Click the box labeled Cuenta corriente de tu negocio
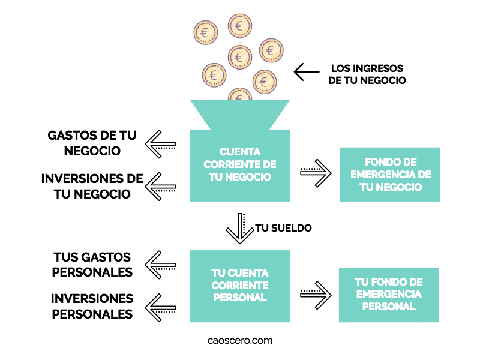[x=240, y=165]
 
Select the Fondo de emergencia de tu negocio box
[x=390, y=174]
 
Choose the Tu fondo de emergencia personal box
[x=389, y=295]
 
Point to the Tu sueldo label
[x=283, y=229]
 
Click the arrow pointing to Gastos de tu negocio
[x=161, y=144]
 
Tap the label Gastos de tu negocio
[x=92, y=143]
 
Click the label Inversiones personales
[x=92, y=305]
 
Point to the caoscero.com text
[x=240, y=340]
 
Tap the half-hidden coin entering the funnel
[x=240, y=95]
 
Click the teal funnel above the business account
[x=240, y=114]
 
